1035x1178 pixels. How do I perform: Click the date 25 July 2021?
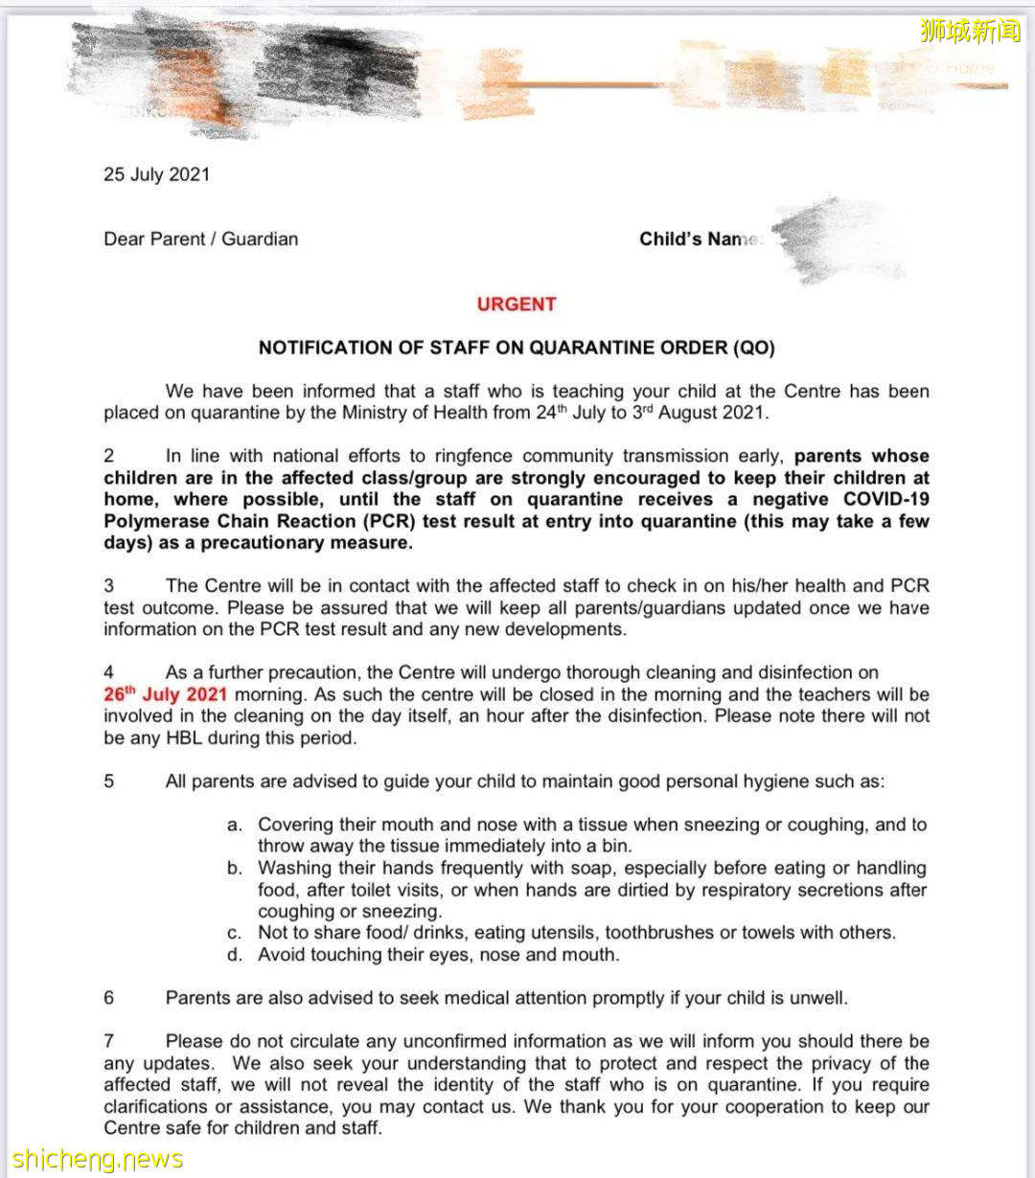pyautogui.click(x=156, y=175)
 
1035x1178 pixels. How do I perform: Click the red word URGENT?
pyautogui.click(x=517, y=305)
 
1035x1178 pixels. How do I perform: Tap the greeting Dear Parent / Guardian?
pyautogui.click(x=200, y=239)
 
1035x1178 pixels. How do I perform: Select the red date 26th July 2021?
pyautogui.click(x=165, y=694)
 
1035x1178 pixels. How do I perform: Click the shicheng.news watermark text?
pyautogui.click(x=97, y=1160)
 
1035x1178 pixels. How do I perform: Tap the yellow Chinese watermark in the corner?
pyautogui.click(x=970, y=32)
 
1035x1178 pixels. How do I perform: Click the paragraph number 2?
pyautogui.click(x=109, y=457)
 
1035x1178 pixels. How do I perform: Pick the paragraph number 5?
pyautogui.click(x=109, y=782)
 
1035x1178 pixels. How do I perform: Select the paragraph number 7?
pyautogui.click(x=109, y=1041)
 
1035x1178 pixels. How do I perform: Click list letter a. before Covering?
pyautogui.click(x=235, y=825)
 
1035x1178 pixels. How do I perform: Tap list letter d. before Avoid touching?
pyautogui.click(x=235, y=955)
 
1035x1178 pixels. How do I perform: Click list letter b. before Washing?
pyautogui.click(x=235, y=869)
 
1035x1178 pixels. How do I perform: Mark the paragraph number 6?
pyautogui.click(x=109, y=998)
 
